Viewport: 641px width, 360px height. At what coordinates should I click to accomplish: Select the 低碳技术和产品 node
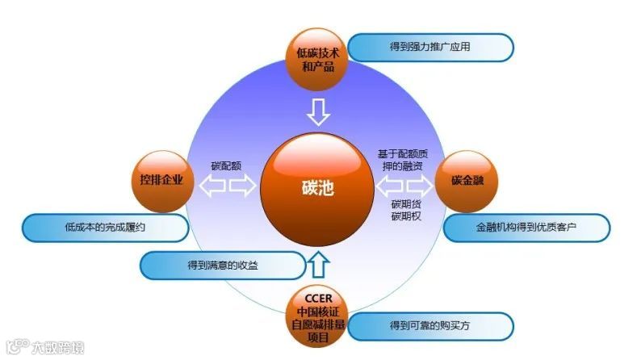(318, 58)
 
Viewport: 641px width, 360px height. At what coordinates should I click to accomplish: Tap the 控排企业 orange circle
(161, 180)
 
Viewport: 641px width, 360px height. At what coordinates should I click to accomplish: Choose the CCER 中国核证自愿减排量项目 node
(318, 316)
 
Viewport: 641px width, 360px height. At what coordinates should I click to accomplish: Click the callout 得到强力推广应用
(434, 47)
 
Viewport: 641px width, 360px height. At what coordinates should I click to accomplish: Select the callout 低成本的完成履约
(105, 228)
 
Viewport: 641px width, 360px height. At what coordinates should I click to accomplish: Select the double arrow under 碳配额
(228, 187)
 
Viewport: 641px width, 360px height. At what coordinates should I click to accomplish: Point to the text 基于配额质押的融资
(405, 160)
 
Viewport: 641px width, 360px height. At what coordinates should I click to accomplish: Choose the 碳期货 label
(406, 205)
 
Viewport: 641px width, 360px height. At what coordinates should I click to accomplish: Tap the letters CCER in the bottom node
(318, 298)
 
